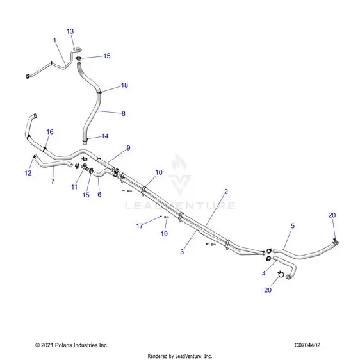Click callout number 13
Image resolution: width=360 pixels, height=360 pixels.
[70, 31]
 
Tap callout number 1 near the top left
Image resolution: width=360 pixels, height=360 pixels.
[54, 40]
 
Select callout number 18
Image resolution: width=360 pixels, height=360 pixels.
[124, 85]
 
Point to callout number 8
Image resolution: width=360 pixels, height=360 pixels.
[123, 113]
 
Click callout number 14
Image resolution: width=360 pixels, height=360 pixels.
[104, 136]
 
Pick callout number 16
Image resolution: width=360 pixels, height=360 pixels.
[50, 132]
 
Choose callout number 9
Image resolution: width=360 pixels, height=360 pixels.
[128, 148]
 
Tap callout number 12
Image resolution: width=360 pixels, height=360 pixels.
[28, 173]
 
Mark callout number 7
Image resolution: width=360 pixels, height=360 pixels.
[53, 181]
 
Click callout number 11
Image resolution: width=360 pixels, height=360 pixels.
[74, 187]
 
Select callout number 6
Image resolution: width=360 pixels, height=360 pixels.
[99, 195]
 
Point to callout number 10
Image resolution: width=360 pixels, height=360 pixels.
[159, 172]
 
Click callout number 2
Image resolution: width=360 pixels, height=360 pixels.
[226, 192]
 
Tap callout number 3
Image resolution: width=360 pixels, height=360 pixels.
[182, 252]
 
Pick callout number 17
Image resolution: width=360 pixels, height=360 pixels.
[140, 226]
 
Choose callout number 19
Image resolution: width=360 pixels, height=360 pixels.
[164, 234]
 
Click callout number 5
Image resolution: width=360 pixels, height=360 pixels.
[293, 226]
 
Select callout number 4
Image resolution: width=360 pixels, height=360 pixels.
[263, 274]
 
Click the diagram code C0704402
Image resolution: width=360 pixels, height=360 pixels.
[307, 345]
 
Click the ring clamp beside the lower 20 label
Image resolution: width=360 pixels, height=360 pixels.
[281, 274]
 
